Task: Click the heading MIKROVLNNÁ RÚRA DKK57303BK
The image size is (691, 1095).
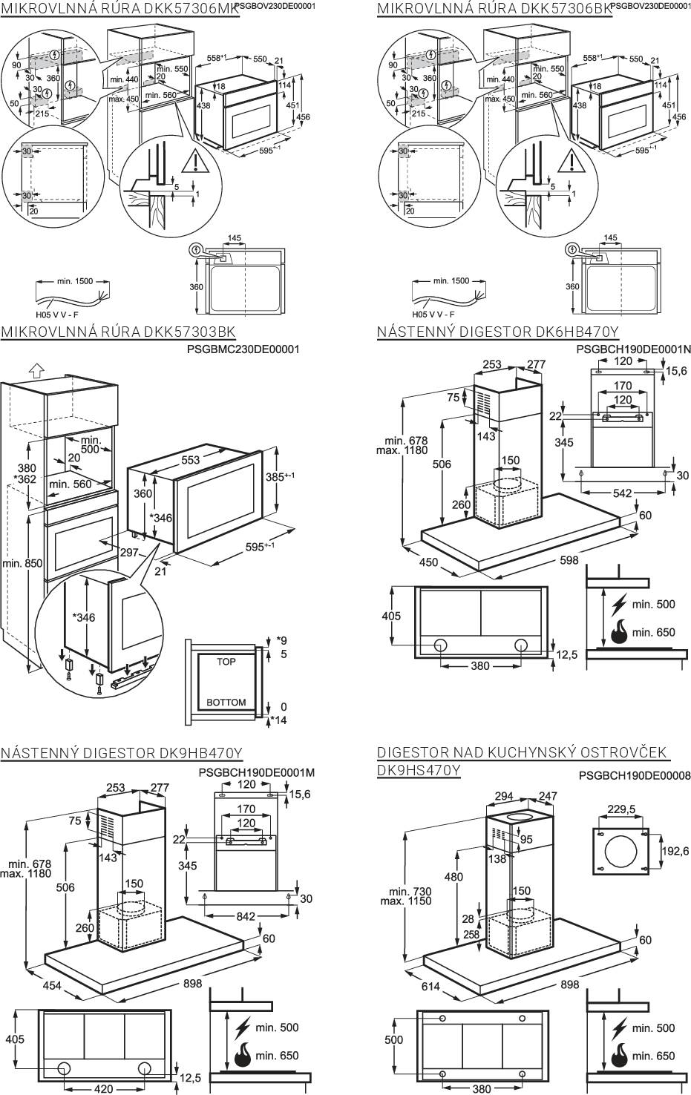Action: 119,332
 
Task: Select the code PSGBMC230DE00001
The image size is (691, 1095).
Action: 243,349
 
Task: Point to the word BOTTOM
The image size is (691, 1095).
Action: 226,703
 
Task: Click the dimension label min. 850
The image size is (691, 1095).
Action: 22,563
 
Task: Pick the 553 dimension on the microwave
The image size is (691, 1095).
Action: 190,460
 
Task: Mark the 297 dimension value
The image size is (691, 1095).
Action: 130,552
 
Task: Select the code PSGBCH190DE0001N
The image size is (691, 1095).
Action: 633,349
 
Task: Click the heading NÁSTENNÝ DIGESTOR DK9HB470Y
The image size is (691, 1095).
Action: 122,754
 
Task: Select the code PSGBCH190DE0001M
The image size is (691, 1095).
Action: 257,772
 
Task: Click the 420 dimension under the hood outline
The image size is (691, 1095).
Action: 104,1088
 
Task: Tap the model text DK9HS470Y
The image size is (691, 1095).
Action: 419,771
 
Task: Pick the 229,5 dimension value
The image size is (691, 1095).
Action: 621,809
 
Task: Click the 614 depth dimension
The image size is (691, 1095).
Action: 430,987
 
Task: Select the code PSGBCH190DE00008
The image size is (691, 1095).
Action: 635,776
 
